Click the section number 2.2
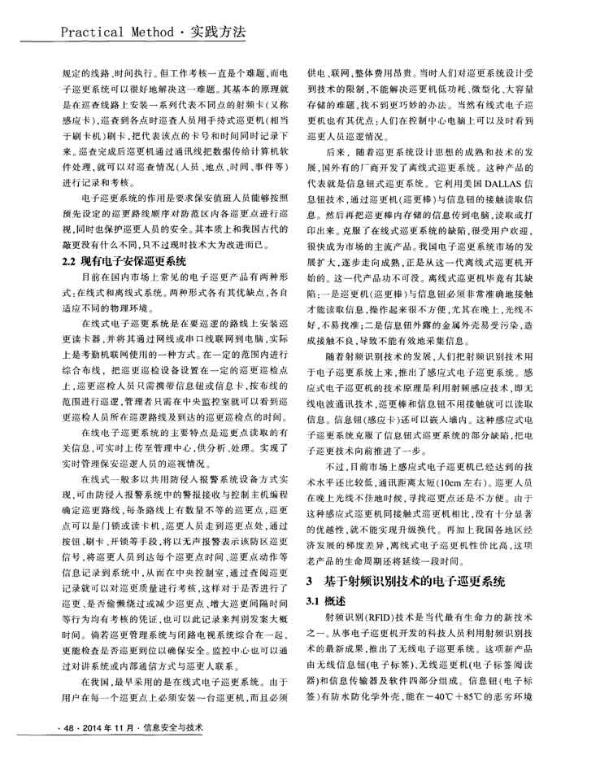[x=71, y=261]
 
